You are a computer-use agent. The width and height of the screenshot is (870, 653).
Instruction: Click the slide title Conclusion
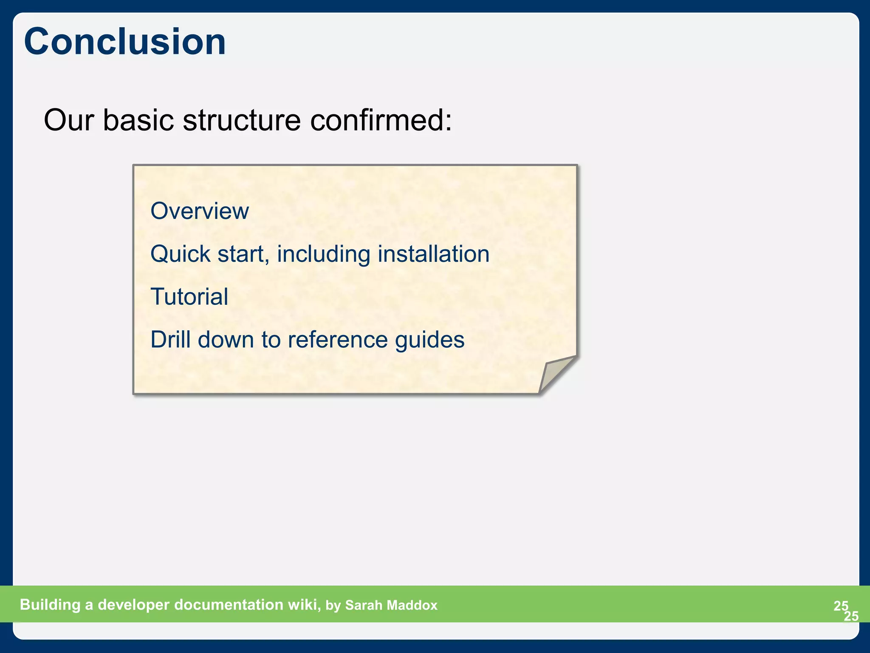pos(125,42)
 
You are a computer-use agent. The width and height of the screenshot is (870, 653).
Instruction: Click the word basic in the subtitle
pos(138,120)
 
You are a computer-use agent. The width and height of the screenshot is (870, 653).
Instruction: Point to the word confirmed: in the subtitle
pos(381,120)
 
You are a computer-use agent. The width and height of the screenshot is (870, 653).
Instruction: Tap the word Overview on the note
pos(200,211)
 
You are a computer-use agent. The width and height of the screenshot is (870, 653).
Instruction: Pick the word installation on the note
pos(433,254)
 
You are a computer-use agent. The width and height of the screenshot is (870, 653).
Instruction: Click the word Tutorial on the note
pos(189,297)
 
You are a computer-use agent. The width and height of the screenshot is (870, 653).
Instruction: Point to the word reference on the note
pos(338,340)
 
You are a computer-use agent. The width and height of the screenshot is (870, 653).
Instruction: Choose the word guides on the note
pos(429,340)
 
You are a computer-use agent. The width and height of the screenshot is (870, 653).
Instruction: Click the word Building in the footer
pos(50,605)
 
